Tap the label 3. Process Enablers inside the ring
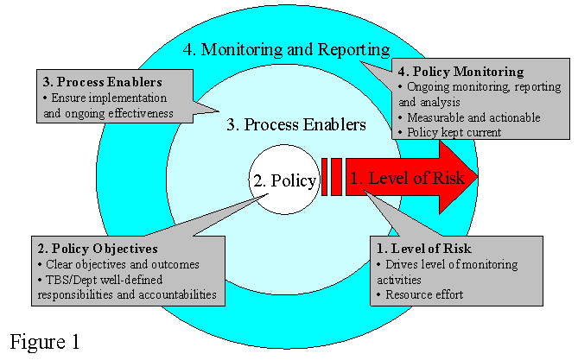[x=296, y=125]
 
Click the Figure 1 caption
[x=45, y=339]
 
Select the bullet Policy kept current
[x=450, y=131]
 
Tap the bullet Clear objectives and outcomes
[x=119, y=264]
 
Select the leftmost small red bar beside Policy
[x=325, y=177]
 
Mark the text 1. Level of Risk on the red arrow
[x=407, y=179]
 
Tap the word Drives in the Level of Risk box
[x=401, y=264]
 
